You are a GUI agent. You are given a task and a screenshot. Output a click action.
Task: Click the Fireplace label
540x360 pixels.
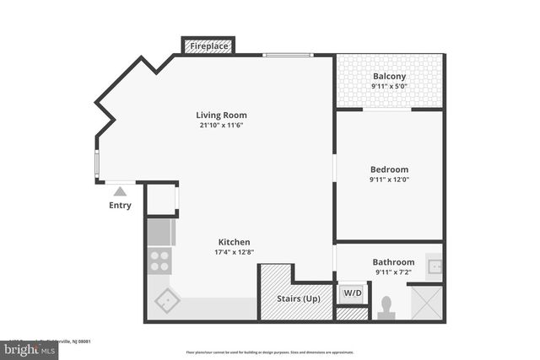208,46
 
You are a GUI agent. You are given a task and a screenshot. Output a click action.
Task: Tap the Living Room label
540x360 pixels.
221,116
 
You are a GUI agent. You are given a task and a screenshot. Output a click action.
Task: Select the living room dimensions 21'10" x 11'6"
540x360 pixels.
221,126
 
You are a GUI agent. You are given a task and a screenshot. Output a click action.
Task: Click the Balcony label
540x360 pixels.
390,77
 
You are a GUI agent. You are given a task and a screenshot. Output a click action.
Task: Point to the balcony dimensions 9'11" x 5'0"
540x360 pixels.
390,87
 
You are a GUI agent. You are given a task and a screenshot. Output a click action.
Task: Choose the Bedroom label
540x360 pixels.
389,169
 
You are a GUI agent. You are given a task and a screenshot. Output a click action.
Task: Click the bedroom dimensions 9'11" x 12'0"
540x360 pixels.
389,179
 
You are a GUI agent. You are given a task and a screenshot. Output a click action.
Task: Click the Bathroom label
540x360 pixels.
394,262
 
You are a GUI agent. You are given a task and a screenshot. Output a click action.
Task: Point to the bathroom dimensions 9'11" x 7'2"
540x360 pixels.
394,272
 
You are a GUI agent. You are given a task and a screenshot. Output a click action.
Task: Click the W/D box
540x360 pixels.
352,293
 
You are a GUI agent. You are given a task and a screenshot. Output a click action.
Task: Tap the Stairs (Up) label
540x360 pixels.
299,298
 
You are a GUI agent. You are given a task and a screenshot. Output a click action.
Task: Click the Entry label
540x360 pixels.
120,205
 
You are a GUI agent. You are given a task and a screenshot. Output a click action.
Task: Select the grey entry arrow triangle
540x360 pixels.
120,191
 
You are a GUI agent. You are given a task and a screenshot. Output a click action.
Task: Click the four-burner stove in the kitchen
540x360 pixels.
159,260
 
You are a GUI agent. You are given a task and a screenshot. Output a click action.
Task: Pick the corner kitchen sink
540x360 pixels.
166,299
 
